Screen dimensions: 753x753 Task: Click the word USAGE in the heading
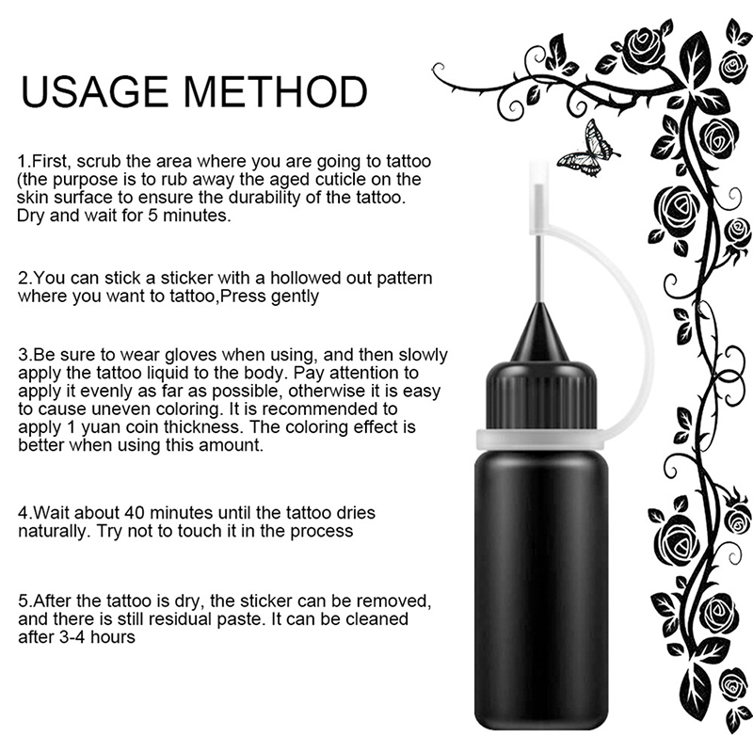pos(95,91)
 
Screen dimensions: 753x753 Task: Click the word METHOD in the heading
pos(276,91)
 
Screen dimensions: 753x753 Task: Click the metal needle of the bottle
pos(539,269)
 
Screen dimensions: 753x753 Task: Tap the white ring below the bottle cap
pos(541,440)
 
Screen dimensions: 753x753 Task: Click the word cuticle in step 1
pos(343,179)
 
